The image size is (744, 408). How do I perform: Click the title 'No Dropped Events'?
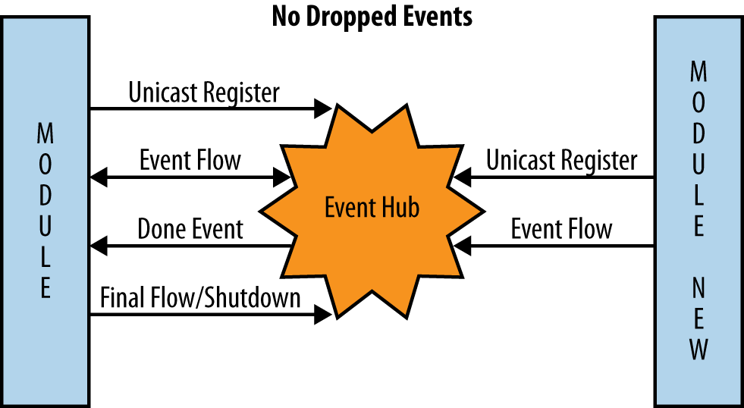(x=372, y=16)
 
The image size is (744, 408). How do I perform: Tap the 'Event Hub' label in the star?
(x=372, y=207)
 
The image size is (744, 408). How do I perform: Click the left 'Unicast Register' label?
(x=204, y=93)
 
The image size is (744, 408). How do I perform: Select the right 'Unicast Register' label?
(x=561, y=161)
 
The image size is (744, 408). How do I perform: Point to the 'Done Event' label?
(x=190, y=229)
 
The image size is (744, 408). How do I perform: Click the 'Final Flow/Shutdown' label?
(x=200, y=297)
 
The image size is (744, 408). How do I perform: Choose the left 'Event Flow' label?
(x=190, y=161)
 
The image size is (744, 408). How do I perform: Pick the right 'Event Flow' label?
(x=561, y=229)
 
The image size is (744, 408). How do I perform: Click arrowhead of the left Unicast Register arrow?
(x=324, y=109)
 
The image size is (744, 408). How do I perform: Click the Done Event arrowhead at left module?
(x=98, y=246)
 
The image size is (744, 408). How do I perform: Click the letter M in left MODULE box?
(x=46, y=135)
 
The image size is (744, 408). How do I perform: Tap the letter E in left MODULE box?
(x=46, y=289)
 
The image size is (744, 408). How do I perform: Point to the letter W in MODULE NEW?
(x=698, y=350)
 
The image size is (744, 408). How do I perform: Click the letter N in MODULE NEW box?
(x=698, y=287)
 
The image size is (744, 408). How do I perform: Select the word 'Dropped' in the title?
(x=356, y=16)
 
